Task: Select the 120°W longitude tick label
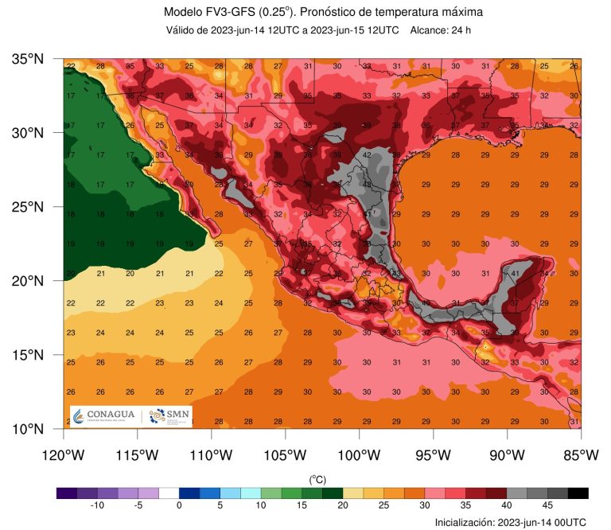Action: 64,455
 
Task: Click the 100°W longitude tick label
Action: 359,455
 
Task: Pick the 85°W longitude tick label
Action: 580,455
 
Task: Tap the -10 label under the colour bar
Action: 98,505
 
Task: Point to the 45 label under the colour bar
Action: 547,505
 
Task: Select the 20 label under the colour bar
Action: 343,505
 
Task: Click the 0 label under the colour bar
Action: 180,505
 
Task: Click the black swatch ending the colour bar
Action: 578,493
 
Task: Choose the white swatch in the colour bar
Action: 169,493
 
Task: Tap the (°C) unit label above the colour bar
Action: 318,479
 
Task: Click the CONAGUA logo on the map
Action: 104,415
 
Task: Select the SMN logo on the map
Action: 169,415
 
